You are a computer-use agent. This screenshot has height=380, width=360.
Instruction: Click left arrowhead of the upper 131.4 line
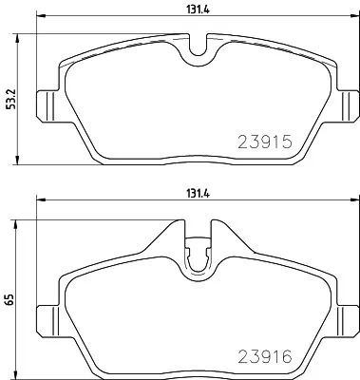point(39,19)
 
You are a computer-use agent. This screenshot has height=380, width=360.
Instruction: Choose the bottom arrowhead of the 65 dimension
point(23,371)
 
